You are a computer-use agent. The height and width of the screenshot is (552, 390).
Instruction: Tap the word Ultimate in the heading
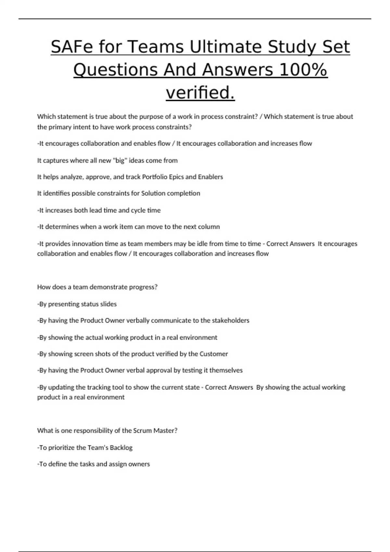226,47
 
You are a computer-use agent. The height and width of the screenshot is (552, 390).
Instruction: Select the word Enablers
210,177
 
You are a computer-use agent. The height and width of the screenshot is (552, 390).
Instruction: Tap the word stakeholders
230,320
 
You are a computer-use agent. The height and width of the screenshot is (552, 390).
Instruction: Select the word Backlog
121,448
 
